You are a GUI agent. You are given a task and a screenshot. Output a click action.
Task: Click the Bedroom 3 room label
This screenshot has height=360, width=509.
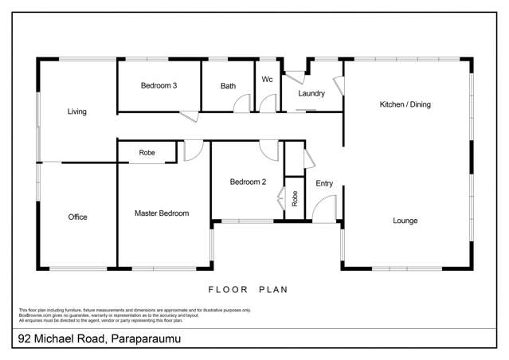pyautogui.click(x=159, y=85)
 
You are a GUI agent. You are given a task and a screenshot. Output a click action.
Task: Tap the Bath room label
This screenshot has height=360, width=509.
pyautogui.click(x=228, y=86)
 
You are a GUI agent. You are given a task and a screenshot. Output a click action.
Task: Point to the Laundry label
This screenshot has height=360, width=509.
pyautogui.click(x=311, y=93)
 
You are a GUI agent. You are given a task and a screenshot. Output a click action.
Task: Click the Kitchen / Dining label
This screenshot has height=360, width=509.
pyautogui.click(x=405, y=104)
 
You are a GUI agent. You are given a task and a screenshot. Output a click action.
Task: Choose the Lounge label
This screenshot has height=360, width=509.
pyautogui.click(x=405, y=221)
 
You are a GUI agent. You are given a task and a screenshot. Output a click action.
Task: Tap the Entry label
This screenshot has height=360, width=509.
pyautogui.click(x=324, y=183)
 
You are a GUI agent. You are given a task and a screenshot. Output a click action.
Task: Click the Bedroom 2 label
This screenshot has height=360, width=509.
pyautogui.click(x=248, y=182)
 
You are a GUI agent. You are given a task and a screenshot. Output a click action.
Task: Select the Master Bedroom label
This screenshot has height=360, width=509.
pyautogui.click(x=161, y=213)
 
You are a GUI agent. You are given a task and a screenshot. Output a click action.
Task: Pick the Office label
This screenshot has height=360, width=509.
pyautogui.click(x=77, y=217)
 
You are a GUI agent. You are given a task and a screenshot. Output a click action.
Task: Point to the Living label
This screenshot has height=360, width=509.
pyautogui.click(x=76, y=112)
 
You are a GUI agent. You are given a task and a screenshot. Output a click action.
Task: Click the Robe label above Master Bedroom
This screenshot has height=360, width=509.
pyautogui.click(x=147, y=152)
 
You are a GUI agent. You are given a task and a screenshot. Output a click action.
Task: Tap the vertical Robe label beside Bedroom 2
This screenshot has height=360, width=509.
pyautogui.click(x=294, y=198)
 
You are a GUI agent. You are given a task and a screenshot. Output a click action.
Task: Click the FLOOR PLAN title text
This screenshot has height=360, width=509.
pyautogui.click(x=248, y=290)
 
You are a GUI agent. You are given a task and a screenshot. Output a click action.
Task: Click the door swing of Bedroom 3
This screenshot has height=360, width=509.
pyautogui.click(x=190, y=116)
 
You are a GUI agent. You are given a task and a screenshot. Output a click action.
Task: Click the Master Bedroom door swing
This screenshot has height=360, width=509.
pyautogui.click(x=194, y=151)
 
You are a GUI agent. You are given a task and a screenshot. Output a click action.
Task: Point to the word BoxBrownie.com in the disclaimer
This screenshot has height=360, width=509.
pyautogui.click(x=33, y=315)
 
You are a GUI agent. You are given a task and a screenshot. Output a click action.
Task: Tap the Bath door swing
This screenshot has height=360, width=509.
pyautogui.click(x=245, y=104)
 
